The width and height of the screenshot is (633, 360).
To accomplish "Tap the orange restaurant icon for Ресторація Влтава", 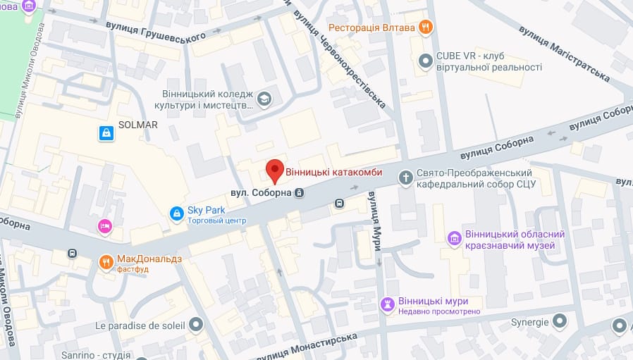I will point(425,27).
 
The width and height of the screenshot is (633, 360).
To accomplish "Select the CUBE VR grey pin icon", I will point(425,61).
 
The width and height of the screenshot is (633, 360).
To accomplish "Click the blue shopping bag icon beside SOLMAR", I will point(106,132).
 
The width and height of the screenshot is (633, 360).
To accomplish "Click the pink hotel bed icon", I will point(104,226).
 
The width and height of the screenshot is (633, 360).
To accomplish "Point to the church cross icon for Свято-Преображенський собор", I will point(405,178).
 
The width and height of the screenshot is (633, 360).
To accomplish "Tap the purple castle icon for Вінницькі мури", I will point(387,304).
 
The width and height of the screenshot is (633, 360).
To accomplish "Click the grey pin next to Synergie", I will point(560,322).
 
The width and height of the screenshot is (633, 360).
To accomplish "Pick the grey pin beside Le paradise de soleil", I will point(196,325).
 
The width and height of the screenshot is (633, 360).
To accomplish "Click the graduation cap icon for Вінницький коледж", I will point(264,99).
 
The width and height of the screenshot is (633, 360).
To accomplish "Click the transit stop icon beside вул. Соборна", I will point(300,192).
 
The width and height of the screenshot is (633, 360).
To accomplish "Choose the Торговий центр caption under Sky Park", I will point(216,221).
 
